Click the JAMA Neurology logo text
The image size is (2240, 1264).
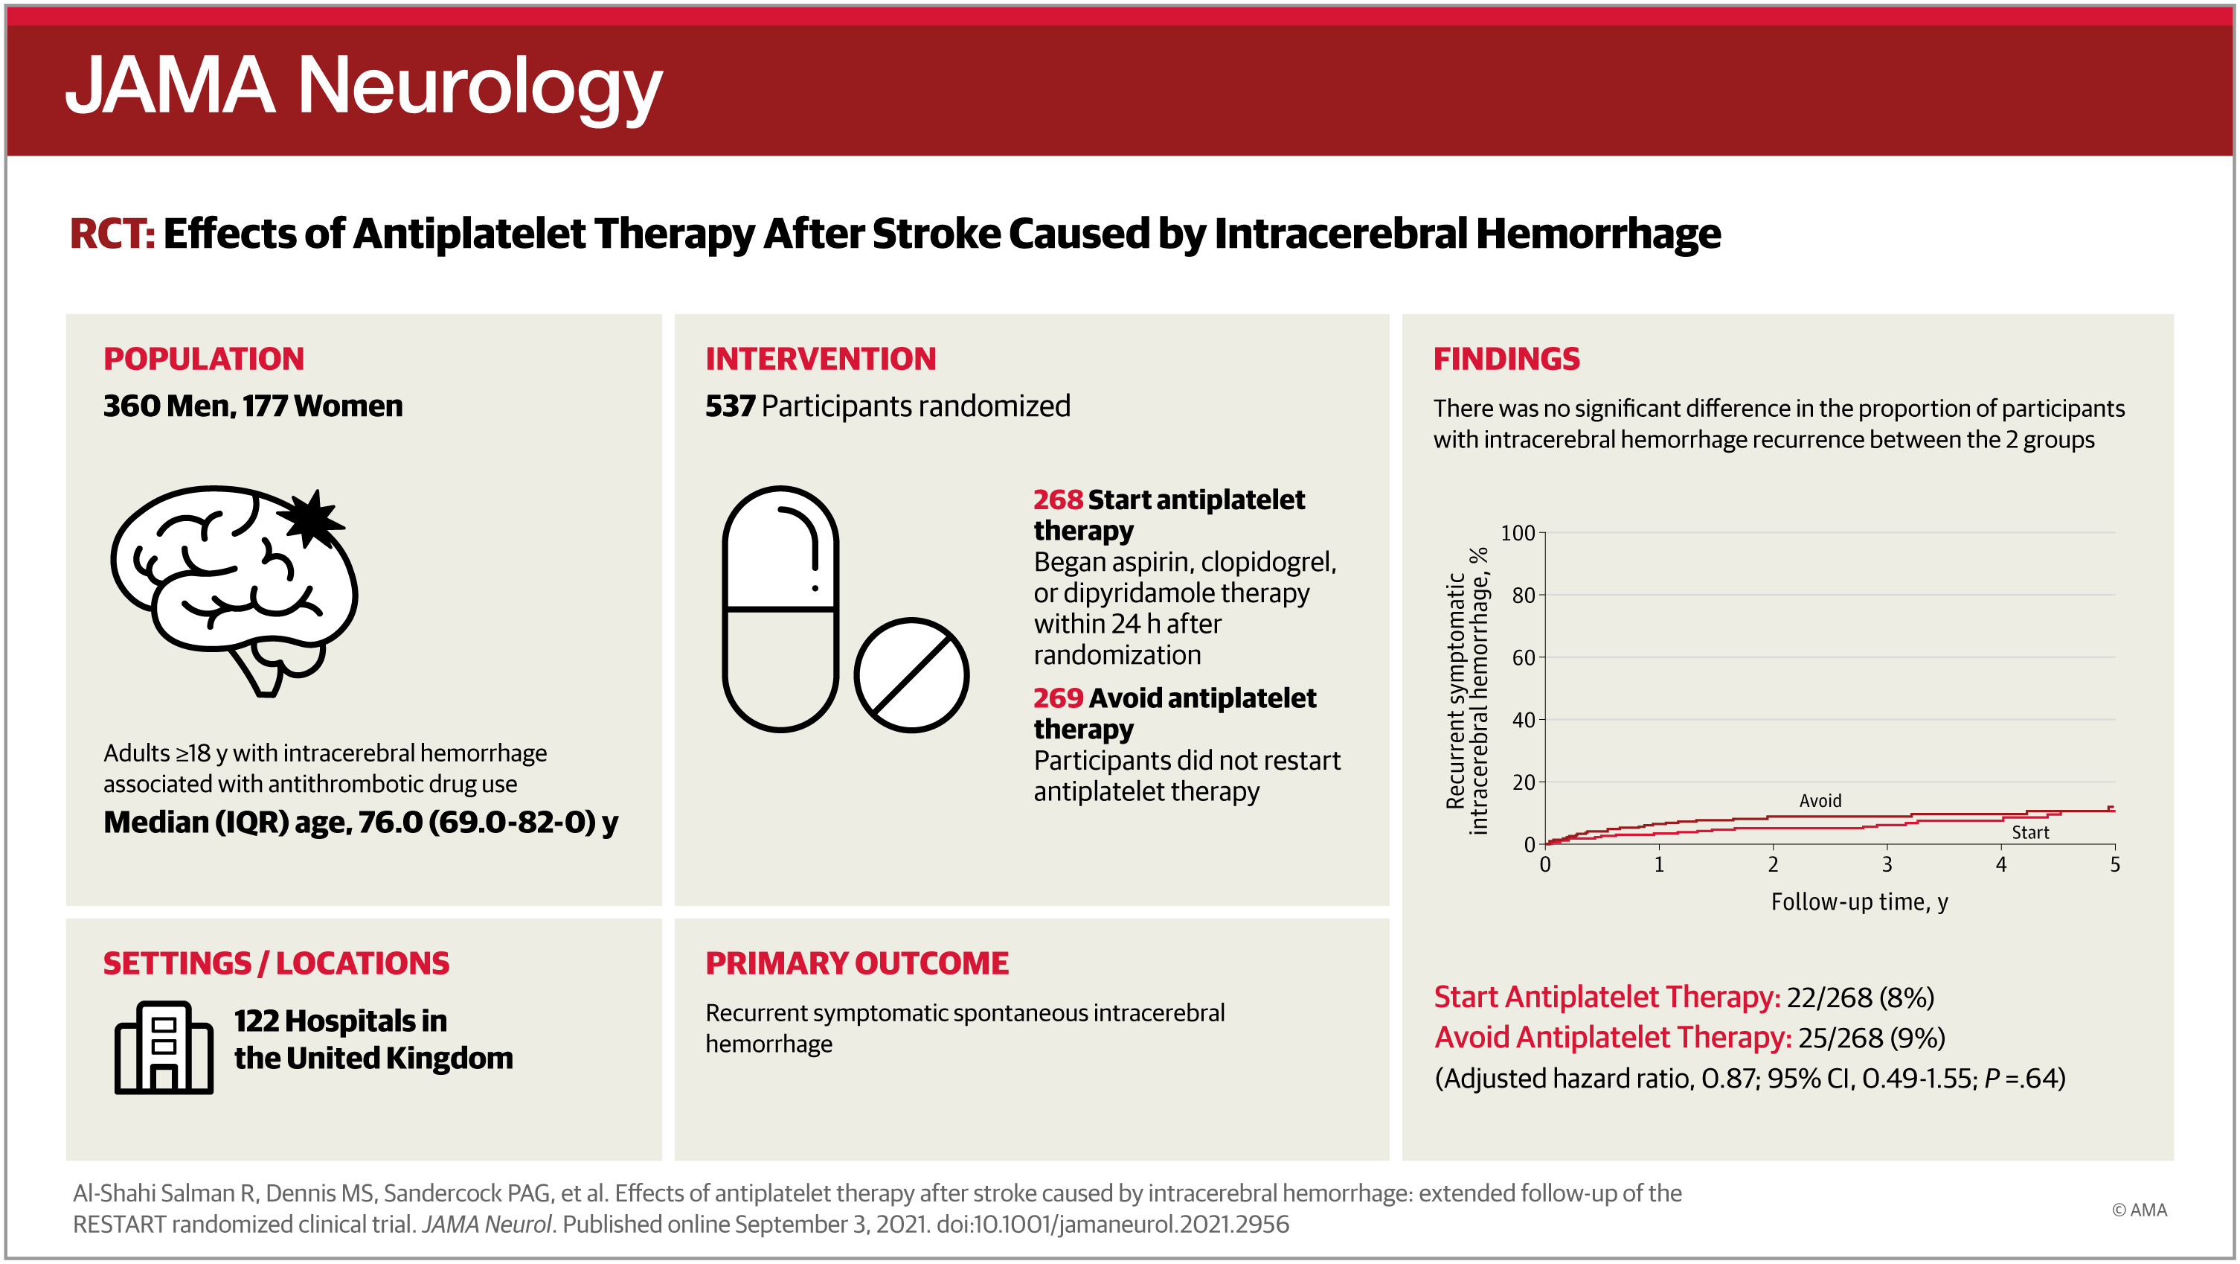[x=364, y=88]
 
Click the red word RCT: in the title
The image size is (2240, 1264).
[x=112, y=233]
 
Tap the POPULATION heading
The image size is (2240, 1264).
[x=204, y=358]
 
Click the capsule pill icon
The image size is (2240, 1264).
[x=780, y=609]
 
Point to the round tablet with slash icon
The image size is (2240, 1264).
[x=911, y=675]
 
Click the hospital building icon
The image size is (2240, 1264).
[x=164, y=1047]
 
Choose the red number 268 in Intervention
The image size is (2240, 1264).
[x=1057, y=499]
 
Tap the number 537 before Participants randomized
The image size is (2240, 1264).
[x=730, y=406]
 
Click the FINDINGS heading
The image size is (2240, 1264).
[x=1506, y=358]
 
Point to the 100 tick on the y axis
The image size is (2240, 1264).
[x=1518, y=532]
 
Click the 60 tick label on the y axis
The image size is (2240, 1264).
[x=1523, y=657]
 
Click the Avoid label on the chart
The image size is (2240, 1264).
[x=1820, y=800]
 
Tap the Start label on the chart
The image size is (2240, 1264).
[x=2029, y=832]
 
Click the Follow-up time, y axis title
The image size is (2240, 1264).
[x=1859, y=902]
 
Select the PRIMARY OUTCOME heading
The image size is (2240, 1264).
[x=856, y=963]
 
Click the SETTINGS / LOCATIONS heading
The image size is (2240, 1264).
[x=277, y=963]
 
